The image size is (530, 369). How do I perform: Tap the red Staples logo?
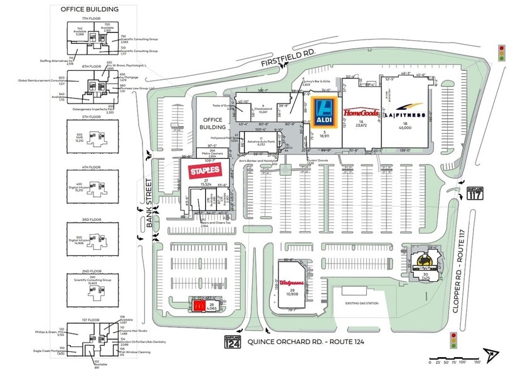click(204, 169)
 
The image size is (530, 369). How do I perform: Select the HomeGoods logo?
click(361, 112)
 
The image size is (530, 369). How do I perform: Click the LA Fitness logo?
click(405, 115)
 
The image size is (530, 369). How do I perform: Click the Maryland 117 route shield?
click(475, 193)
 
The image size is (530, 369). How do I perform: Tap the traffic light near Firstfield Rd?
click(501, 53)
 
